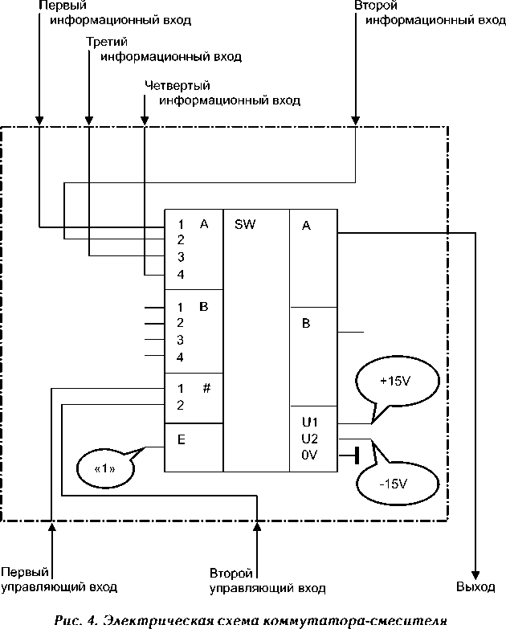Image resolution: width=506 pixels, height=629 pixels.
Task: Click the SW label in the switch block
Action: point(245,224)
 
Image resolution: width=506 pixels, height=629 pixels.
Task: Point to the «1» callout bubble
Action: point(106,468)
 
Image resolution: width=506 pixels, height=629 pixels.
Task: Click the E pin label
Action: point(182,439)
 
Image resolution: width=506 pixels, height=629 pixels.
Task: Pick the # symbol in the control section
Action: point(206,388)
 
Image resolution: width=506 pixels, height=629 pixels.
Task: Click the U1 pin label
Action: point(309,422)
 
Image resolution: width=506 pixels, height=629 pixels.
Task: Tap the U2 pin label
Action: point(309,439)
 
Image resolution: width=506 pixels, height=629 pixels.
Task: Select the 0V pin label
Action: point(309,455)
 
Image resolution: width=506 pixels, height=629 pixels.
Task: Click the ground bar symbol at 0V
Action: point(357,455)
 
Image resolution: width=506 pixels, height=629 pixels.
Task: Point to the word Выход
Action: point(475,587)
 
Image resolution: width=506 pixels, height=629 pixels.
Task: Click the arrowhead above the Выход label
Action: point(475,575)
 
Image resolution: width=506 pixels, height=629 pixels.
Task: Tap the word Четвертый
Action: point(178,85)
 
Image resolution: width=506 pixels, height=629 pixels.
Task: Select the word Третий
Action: point(107,42)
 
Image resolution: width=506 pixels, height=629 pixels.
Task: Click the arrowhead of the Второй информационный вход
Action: point(355,120)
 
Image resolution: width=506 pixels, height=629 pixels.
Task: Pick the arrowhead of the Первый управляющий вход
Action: point(51,526)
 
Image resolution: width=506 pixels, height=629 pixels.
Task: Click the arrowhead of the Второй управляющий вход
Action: point(257,526)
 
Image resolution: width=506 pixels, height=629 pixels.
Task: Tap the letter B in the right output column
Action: point(306,323)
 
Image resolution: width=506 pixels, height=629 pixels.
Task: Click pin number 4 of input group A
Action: point(181,275)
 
